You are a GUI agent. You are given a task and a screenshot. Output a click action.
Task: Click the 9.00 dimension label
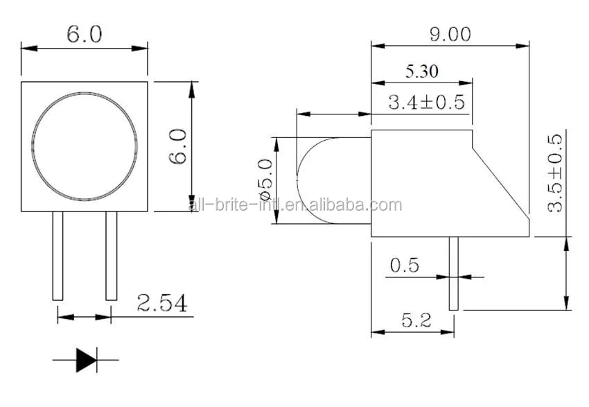click(x=450, y=33)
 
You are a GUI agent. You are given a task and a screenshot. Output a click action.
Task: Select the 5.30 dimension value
click(x=421, y=71)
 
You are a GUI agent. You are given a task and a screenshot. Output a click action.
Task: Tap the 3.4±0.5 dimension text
click(x=425, y=103)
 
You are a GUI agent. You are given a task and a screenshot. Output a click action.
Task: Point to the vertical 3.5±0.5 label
click(x=554, y=173)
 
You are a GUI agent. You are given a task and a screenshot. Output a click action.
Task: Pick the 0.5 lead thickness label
click(x=404, y=265)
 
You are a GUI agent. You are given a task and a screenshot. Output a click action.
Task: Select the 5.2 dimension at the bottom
click(x=416, y=320)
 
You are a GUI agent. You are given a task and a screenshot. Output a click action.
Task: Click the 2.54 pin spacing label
click(x=162, y=303)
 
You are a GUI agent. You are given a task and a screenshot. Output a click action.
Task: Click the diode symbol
click(x=85, y=359)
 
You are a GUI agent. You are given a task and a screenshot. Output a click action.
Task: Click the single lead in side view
click(x=453, y=273)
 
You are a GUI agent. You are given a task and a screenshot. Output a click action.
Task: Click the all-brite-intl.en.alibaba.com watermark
click(x=294, y=205)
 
